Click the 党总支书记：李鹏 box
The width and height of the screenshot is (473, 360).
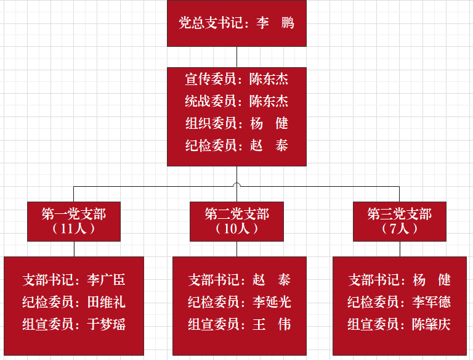(x=236, y=23)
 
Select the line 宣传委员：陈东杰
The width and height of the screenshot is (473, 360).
(x=236, y=80)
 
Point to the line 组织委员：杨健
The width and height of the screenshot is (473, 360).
(x=236, y=123)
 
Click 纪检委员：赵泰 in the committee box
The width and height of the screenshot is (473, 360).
(x=236, y=146)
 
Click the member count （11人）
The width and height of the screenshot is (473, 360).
(x=74, y=229)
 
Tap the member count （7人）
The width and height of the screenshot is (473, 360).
(x=399, y=229)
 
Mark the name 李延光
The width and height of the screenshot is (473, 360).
(x=272, y=302)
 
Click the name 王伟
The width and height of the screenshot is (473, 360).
(x=272, y=324)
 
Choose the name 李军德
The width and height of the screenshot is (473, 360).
(x=431, y=302)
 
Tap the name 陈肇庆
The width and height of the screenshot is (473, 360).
(x=431, y=324)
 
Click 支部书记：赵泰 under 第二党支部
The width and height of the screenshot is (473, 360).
(x=239, y=280)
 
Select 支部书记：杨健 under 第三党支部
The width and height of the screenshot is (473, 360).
(x=399, y=280)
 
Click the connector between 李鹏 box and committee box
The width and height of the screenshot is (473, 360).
(x=236, y=57)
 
